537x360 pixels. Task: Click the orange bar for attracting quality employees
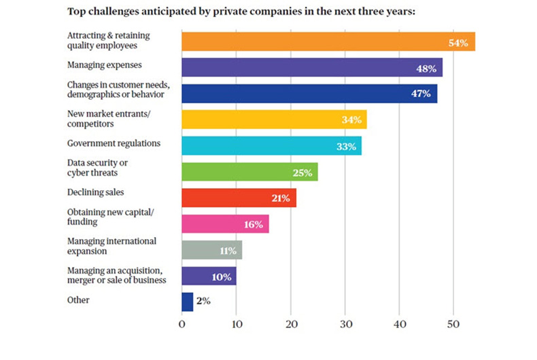click(328, 42)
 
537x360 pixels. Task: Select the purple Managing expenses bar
click(311, 68)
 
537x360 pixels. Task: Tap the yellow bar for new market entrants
click(273, 120)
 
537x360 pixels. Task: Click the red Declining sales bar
click(238, 198)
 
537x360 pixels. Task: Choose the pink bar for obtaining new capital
click(224, 224)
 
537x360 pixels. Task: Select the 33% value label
click(345, 147)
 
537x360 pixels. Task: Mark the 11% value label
click(228, 251)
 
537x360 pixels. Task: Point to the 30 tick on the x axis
click(345, 325)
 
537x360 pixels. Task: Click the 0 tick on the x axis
click(181, 325)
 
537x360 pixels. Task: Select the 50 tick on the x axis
click(453, 325)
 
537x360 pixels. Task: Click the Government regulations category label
click(114, 144)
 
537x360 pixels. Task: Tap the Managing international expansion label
click(111, 247)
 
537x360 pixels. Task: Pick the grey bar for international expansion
click(211, 251)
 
